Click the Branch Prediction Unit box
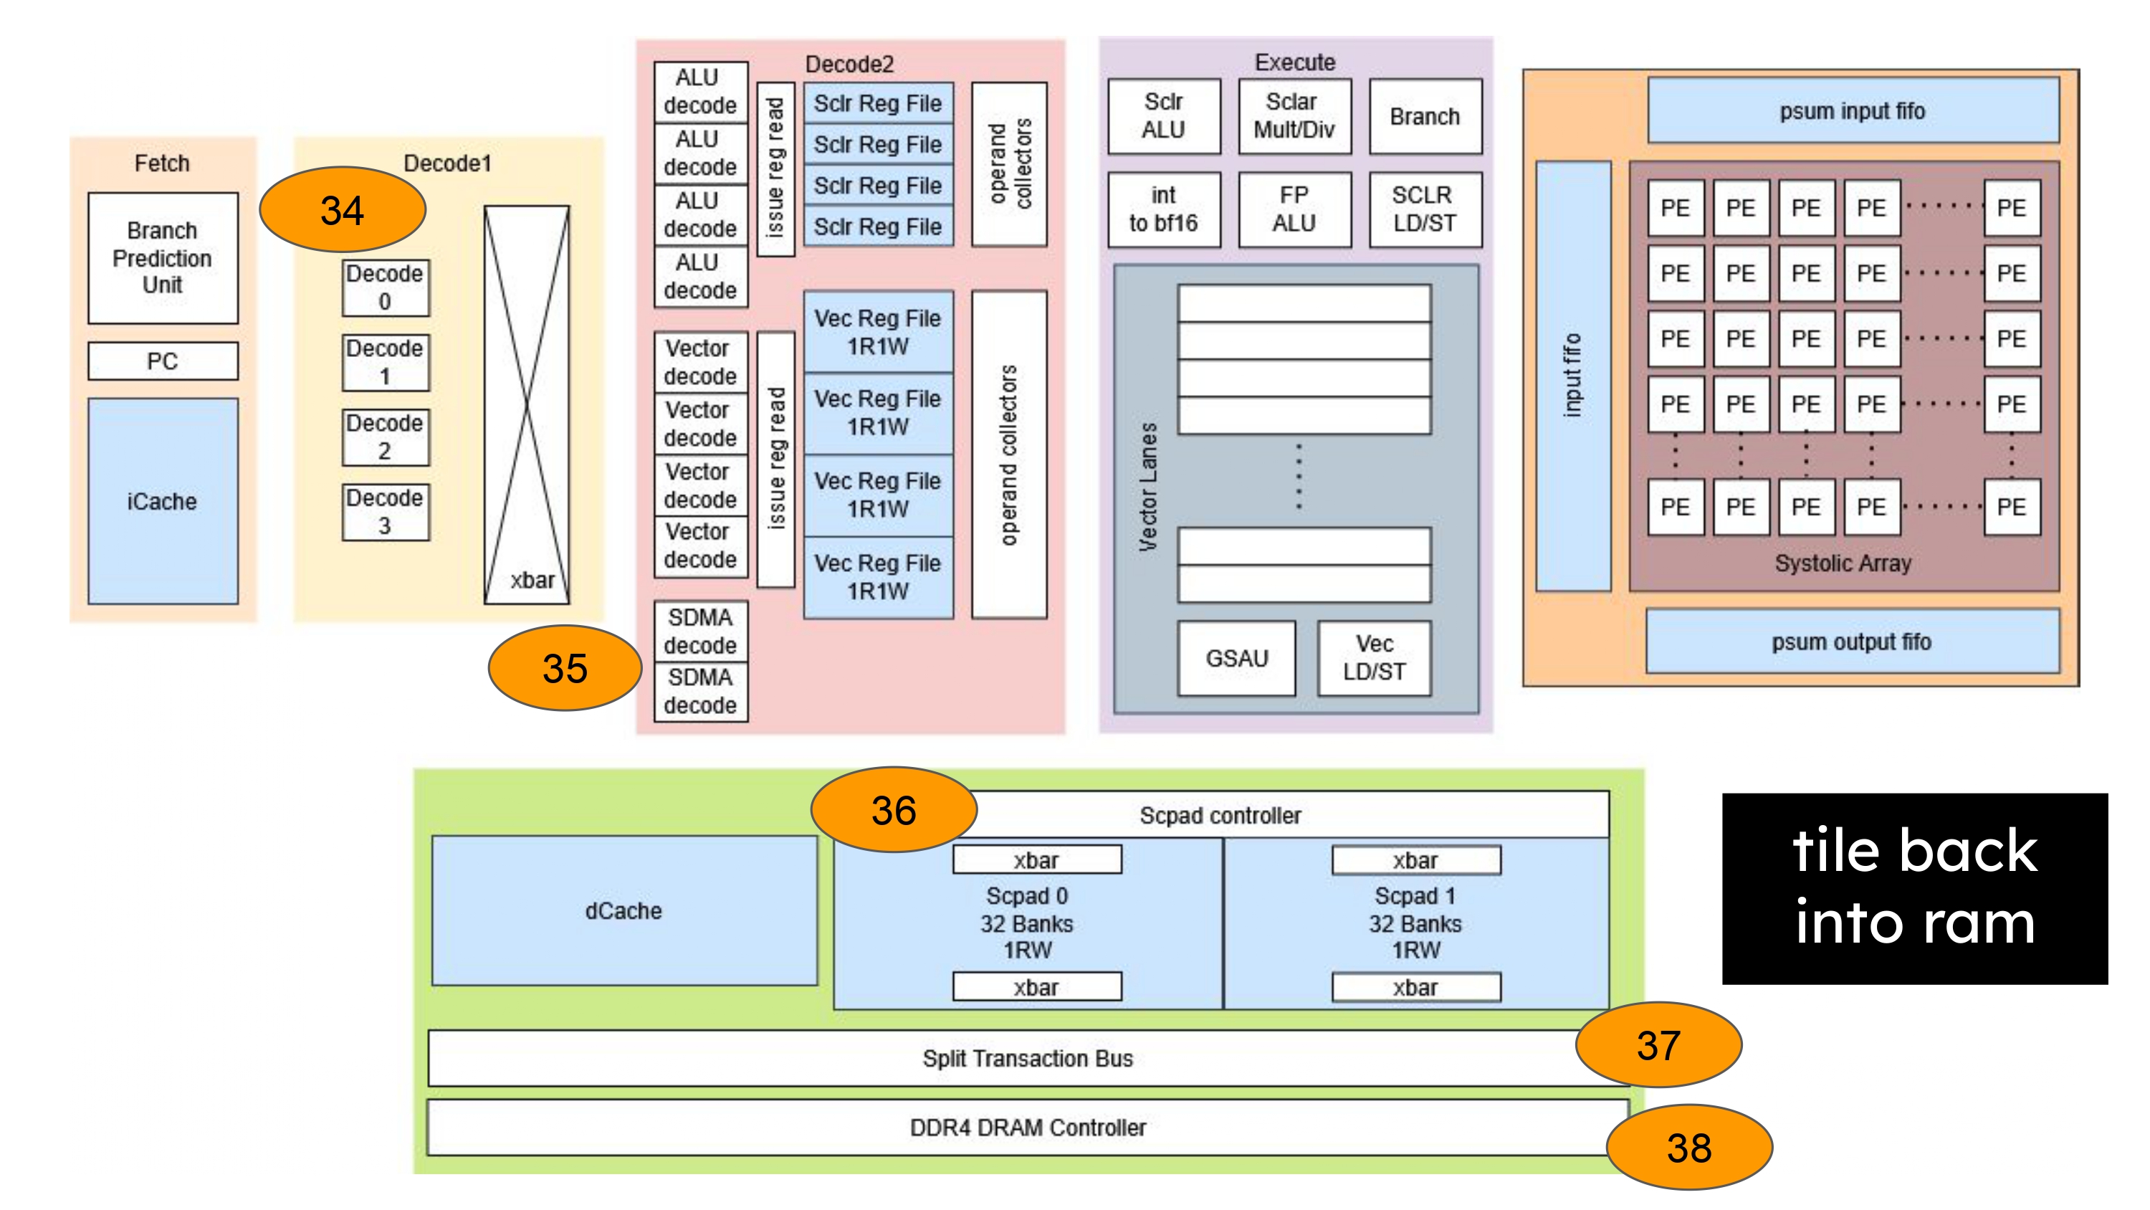pyautogui.click(x=163, y=258)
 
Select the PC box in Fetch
pyautogui.click(x=163, y=361)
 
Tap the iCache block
pyautogui.click(x=163, y=501)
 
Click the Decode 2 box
pyautogui.click(x=385, y=437)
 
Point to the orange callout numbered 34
pyautogui.click(x=342, y=209)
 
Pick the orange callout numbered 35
pyautogui.click(x=565, y=668)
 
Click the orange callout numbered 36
pyautogui.click(x=894, y=810)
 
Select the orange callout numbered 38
pyautogui.click(x=1689, y=1148)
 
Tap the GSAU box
pyautogui.click(x=1236, y=658)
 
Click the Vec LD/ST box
pyautogui.click(x=1374, y=658)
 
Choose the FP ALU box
pyautogui.click(x=1294, y=209)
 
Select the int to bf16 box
pyautogui.click(x=1163, y=209)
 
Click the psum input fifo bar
pyautogui.click(x=1852, y=111)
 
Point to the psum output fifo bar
pyautogui.click(x=1852, y=642)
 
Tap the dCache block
pyautogui.click(x=623, y=910)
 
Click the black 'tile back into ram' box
pyautogui.click(x=1915, y=887)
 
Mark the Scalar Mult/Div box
pyautogui.click(x=1294, y=116)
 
